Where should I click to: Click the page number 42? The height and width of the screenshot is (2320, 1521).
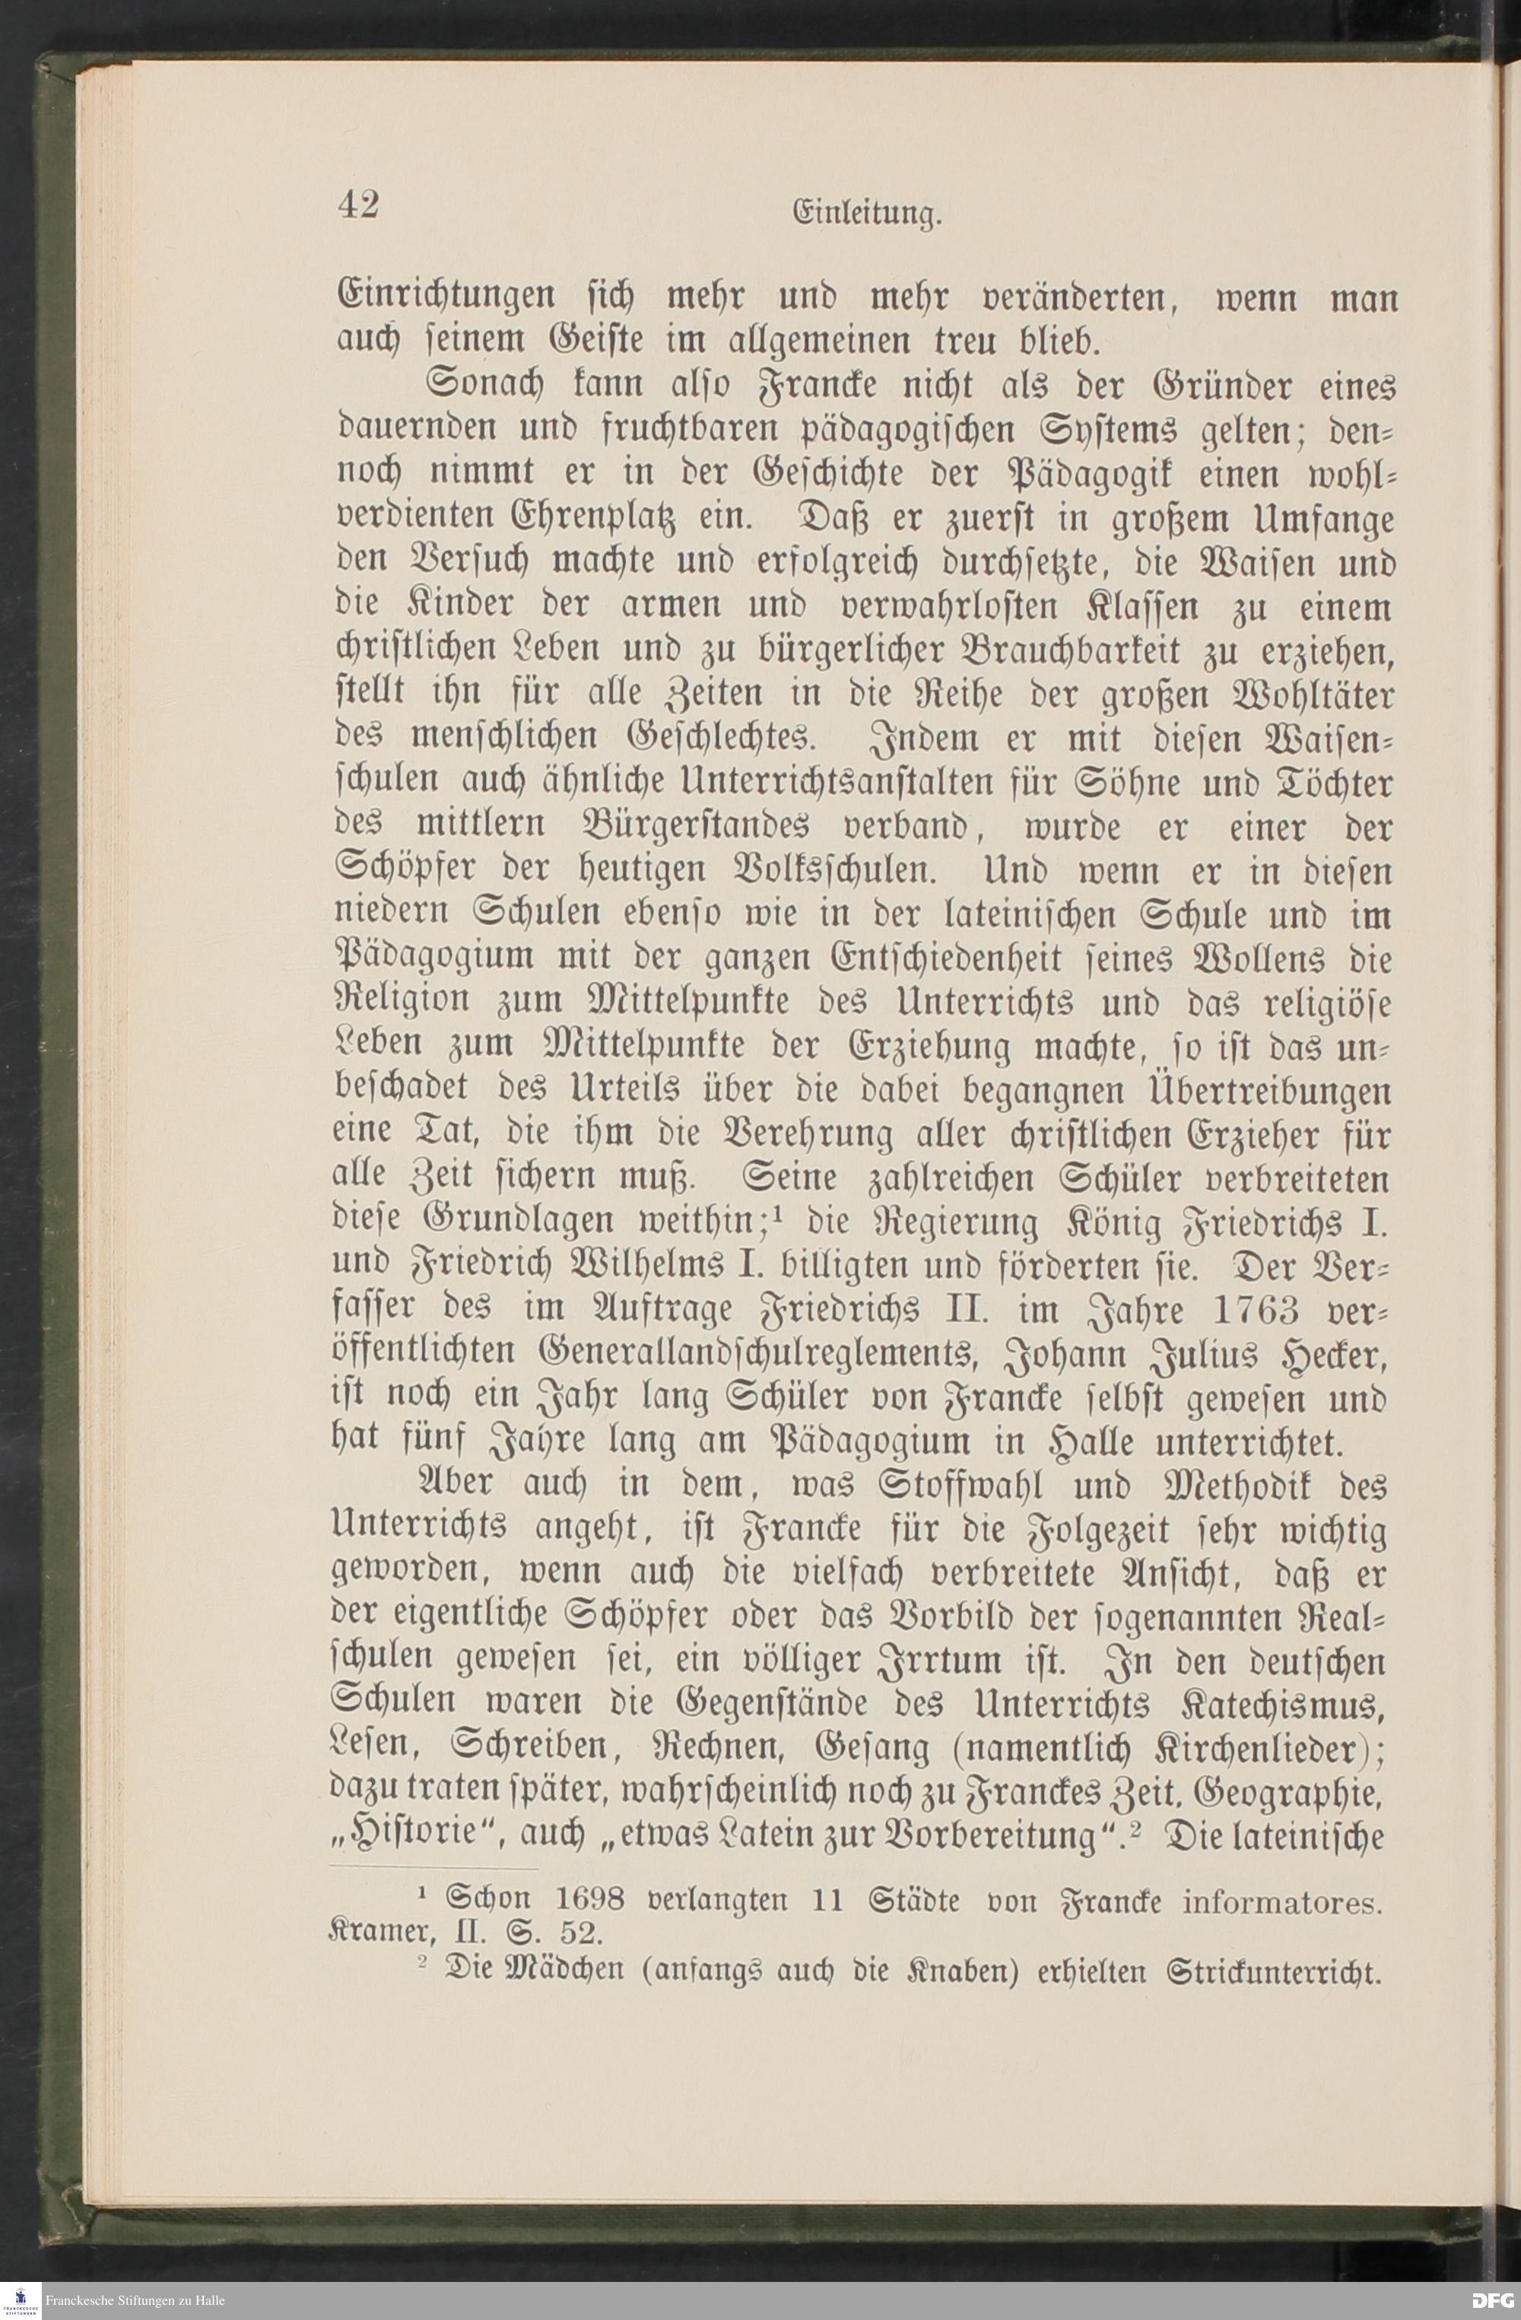click(x=358, y=205)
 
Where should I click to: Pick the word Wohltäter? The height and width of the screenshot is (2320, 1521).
click(x=1306, y=696)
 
